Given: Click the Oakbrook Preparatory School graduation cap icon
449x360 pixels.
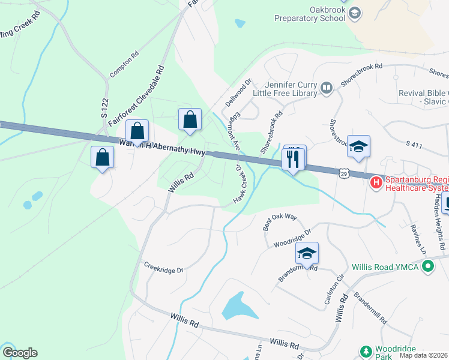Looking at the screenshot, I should (x=355, y=13).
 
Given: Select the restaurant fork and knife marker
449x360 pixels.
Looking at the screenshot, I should (x=293, y=159).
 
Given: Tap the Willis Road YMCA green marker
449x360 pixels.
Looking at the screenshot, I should (x=427, y=265).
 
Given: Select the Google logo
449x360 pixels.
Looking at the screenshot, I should (x=20, y=353).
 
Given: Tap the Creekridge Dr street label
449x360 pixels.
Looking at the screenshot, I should (x=163, y=268).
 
